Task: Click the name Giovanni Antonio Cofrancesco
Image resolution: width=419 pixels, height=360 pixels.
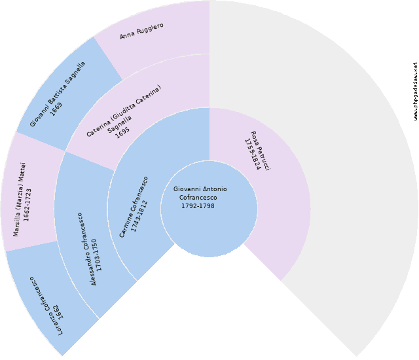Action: (x=200, y=193)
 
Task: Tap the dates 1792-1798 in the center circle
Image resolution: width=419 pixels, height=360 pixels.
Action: (x=198, y=206)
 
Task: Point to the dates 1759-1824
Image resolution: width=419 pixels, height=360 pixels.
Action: (x=253, y=154)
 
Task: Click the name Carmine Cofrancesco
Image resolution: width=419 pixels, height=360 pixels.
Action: (x=134, y=207)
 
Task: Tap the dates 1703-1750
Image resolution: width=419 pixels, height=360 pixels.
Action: (x=96, y=255)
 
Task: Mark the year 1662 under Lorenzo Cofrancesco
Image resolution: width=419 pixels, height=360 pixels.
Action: (x=59, y=312)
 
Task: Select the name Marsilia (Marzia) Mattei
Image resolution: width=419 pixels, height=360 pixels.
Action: (x=20, y=199)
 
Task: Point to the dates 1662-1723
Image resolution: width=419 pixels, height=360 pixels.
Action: (x=27, y=205)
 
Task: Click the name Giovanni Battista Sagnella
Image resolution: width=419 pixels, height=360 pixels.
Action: (x=58, y=94)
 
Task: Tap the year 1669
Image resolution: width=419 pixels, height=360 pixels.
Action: (x=56, y=109)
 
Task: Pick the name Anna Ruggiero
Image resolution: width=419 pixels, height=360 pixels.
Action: (x=141, y=31)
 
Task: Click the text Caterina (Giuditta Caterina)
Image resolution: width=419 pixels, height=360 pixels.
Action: (x=124, y=111)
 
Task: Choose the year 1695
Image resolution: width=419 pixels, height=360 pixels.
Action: (x=122, y=133)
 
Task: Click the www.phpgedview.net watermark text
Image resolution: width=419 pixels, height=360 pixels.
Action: (x=416, y=92)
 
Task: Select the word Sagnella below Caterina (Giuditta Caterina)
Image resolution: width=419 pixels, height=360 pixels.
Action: (x=119, y=124)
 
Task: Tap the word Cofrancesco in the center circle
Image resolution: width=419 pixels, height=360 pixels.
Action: (x=198, y=198)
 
